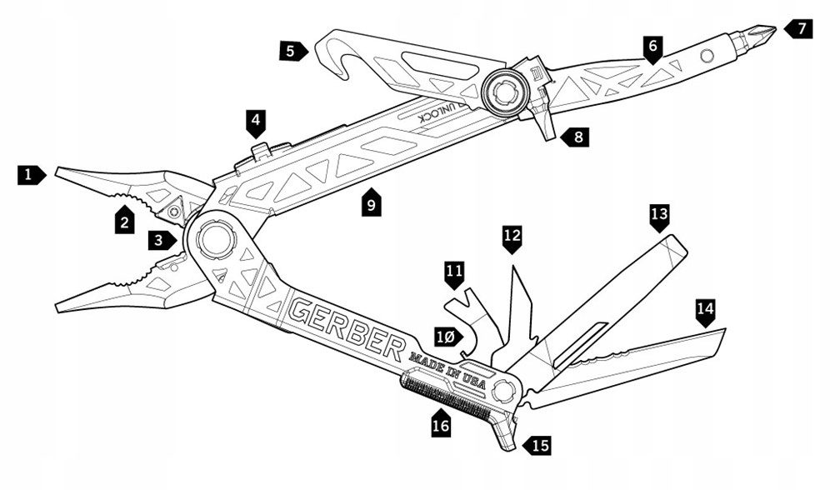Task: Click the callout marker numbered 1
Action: (31, 175)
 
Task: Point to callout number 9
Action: (371, 202)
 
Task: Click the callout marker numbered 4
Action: (257, 123)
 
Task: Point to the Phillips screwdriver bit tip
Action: (762, 34)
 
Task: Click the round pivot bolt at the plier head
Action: (215, 240)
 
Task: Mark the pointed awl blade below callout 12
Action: (522, 308)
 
